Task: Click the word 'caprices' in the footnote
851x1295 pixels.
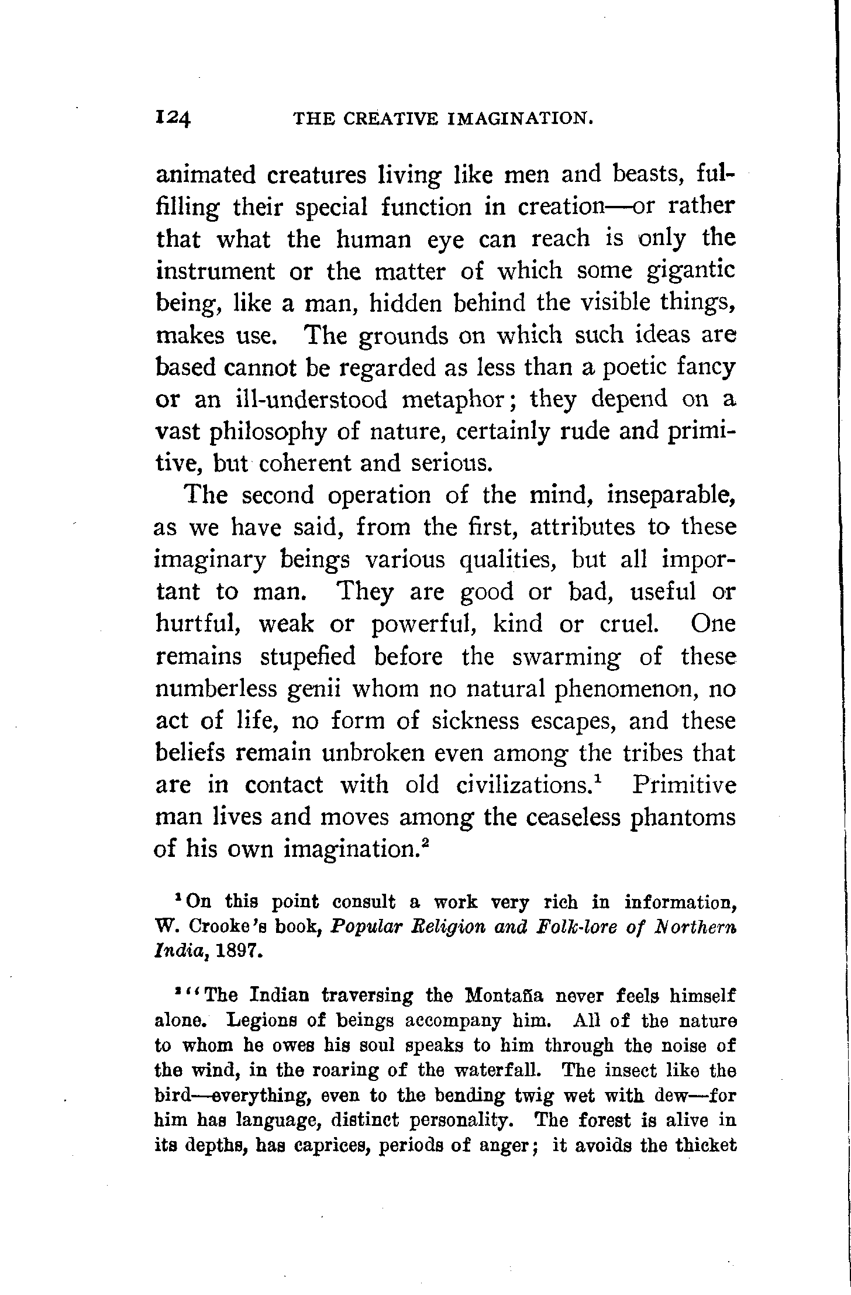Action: (321, 1145)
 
